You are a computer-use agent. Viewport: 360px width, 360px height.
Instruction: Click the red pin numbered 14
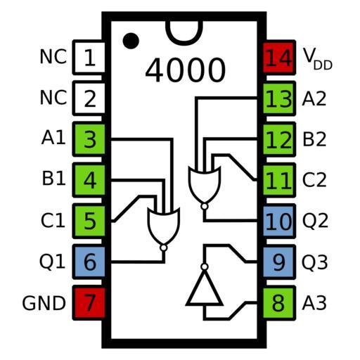[279, 58]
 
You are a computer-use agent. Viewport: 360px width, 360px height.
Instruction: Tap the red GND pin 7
[89, 303]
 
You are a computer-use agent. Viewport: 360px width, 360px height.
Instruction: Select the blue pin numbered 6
[89, 262]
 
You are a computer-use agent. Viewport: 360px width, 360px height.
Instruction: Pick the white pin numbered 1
[89, 58]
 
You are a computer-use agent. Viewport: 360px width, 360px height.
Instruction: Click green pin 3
[89, 139]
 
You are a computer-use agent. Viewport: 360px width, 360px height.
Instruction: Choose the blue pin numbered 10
[279, 221]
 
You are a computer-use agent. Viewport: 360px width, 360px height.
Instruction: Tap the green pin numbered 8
[279, 303]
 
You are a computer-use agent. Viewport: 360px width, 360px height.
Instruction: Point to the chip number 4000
[185, 70]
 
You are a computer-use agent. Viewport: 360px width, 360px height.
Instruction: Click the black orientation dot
[131, 41]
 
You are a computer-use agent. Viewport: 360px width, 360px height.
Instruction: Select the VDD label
[318, 58]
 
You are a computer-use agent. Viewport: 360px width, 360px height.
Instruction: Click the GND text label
[44, 303]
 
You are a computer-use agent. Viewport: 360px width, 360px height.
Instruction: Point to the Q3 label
[315, 262]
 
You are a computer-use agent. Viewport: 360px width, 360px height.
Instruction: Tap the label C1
[53, 221]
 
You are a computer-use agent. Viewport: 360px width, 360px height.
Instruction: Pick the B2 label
[314, 139]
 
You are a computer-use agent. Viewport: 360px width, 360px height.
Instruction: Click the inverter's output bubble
[205, 266]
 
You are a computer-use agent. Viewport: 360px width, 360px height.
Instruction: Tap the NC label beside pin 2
[53, 98]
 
